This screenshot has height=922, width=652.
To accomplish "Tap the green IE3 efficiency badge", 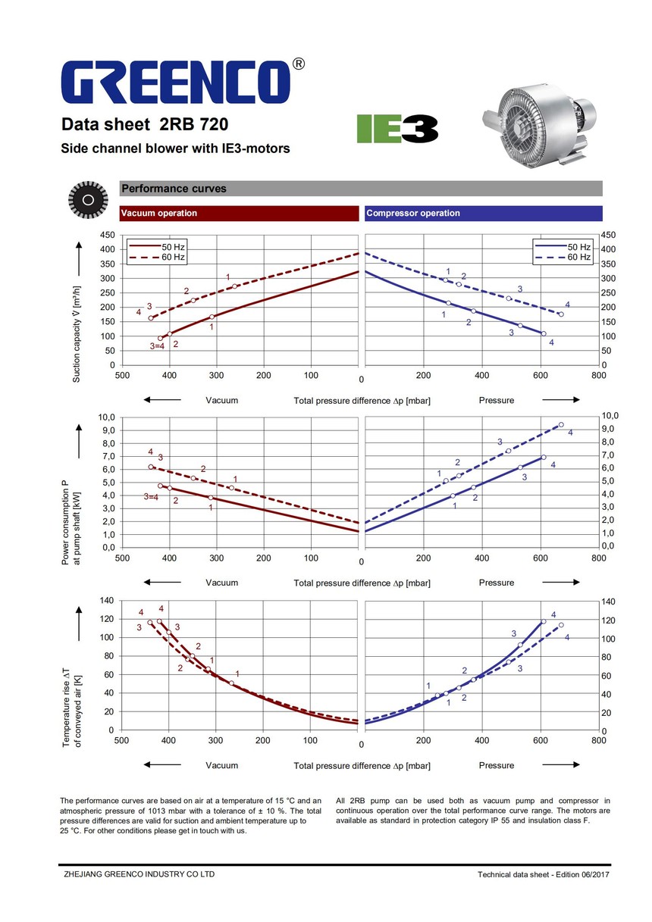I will tap(397, 128).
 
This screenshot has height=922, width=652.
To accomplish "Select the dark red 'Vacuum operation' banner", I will tap(239, 214).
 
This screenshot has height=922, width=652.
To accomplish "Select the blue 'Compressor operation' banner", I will tap(483, 214).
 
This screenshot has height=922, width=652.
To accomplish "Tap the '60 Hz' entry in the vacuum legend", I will tap(173, 258).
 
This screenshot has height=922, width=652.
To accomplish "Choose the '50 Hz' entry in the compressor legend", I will tap(579, 247).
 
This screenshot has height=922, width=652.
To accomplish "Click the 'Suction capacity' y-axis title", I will tap(77, 333).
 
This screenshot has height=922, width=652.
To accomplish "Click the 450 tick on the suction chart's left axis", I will tap(108, 236).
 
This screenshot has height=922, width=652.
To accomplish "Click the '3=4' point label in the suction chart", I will tap(157, 345).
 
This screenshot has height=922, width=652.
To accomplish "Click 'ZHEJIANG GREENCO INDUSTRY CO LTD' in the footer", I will tap(137, 874).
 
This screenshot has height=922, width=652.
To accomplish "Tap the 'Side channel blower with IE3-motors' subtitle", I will tap(175, 149).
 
